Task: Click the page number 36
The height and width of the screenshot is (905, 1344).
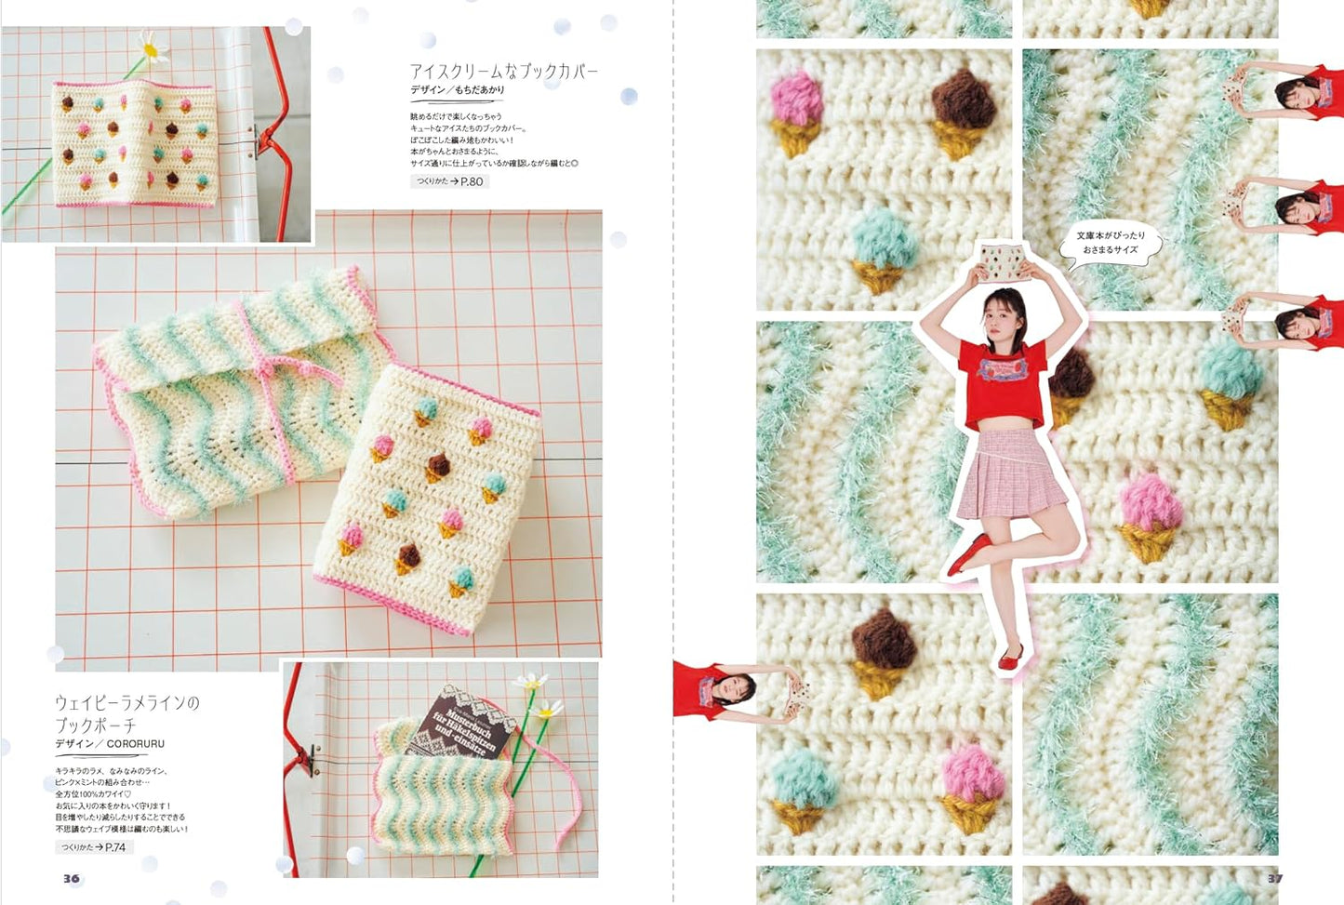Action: pyautogui.click(x=72, y=878)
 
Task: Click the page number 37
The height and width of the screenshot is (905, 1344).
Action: pyautogui.click(x=1275, y=878)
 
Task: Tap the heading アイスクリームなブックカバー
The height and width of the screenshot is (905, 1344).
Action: pyautogui.click(x=503, y=71)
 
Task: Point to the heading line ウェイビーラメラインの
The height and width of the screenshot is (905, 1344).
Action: pyautogui.click(x=126, y=702)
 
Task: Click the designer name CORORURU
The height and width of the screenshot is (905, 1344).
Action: pyautogui.click(x=135, y=744)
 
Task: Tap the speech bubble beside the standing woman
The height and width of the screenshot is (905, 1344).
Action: pyautogui.click(x=1111, y=244)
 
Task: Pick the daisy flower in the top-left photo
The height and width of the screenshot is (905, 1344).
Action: pyautogui.click(x=152, y=46)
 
